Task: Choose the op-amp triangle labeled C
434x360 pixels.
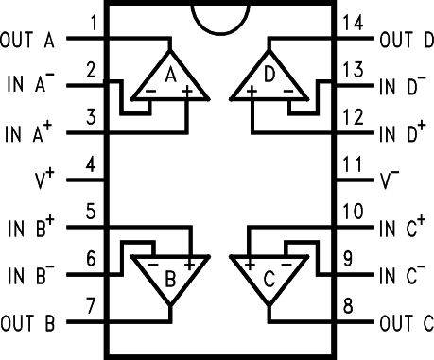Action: [271, 274]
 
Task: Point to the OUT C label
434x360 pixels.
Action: [408, 323]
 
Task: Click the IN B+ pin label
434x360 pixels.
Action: [31, 228]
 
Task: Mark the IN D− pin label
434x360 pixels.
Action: [402, 88]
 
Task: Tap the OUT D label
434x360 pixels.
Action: [408, 41]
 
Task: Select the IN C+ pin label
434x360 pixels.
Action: [403, 228]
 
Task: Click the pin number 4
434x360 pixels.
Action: [90, 165]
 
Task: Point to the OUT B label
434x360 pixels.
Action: [27, 323]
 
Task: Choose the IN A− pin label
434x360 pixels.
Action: [31, 86]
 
